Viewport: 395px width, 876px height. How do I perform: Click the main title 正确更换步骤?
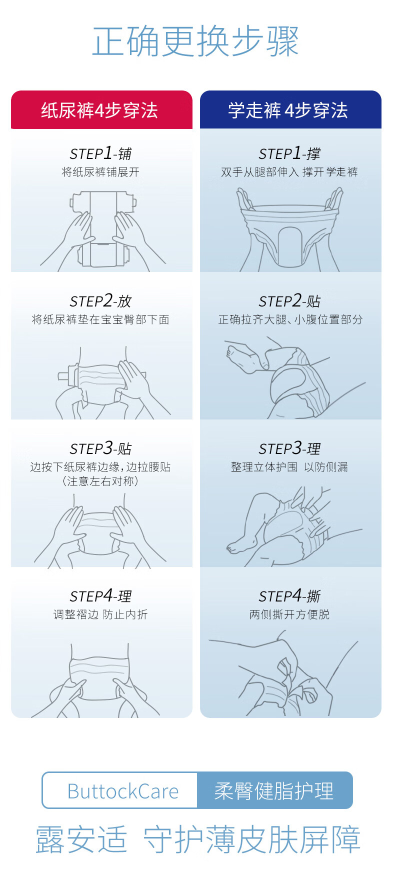point(195,41)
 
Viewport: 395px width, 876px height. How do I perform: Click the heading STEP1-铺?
point(100,153)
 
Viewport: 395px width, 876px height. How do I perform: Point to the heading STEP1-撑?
point(289,153)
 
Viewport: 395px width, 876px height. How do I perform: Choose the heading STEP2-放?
point(100,300)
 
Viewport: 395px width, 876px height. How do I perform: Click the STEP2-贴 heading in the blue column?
point(289,300)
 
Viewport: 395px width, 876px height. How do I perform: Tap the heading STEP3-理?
point(289,448)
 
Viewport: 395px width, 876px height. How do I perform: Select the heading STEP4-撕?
point(289,595)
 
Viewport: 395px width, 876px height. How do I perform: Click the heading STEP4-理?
point(100,595)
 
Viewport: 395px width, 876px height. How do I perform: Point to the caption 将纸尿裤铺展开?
point(100,172)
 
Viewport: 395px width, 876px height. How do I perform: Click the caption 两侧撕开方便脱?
point(289,614)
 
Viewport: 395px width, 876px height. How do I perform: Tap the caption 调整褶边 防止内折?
point(100,614)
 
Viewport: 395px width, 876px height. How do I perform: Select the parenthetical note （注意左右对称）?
point(100,481)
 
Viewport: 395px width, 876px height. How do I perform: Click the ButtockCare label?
point(123,791)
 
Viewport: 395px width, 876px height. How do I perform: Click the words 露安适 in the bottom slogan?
point(81,839)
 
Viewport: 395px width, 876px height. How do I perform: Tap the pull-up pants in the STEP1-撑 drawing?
point(290,235)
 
